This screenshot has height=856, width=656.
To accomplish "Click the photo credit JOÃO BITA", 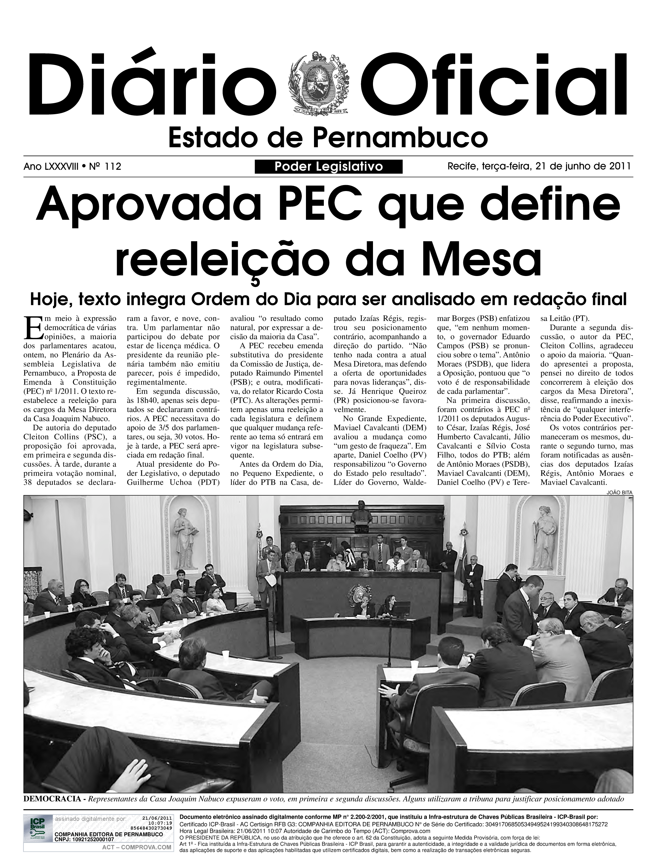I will (619, 493).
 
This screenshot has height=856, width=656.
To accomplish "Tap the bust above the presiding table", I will (361, 512).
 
